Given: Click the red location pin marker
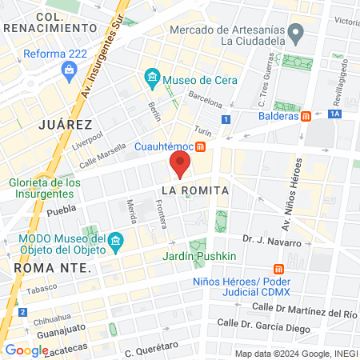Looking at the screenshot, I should [x=180, y=166].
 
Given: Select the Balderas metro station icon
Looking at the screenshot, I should [x=306, y=116].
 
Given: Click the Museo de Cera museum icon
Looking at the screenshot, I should [x=151, y=79].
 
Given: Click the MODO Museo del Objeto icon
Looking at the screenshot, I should [x=116, y=241].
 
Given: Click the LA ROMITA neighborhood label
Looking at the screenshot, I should [x=195, y=190].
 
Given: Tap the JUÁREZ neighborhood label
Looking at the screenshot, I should [x=65, y=125].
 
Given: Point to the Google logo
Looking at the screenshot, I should [x=26, y=350].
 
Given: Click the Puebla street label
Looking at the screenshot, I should [x=61, y=212].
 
